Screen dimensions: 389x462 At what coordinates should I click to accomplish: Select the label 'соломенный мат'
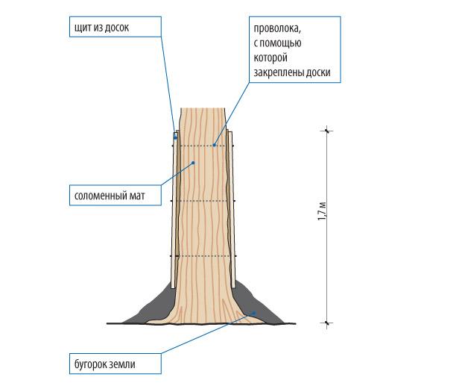coord(109,197)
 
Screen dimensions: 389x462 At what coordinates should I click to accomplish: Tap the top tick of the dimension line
coord(326,132)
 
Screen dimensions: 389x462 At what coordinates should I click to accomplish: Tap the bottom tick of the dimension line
coord(326,323)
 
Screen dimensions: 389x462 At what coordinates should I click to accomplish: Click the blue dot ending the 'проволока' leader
coord(215,145)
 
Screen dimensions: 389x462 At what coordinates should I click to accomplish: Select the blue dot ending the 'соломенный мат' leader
coord(193,162)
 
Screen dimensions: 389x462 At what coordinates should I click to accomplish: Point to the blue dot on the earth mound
coord(254,313)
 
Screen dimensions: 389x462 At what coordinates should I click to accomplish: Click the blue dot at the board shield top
coord(175,137)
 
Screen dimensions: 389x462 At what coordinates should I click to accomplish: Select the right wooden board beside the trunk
coord(232,209)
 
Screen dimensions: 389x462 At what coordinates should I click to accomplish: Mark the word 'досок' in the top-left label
coord(136,27)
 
